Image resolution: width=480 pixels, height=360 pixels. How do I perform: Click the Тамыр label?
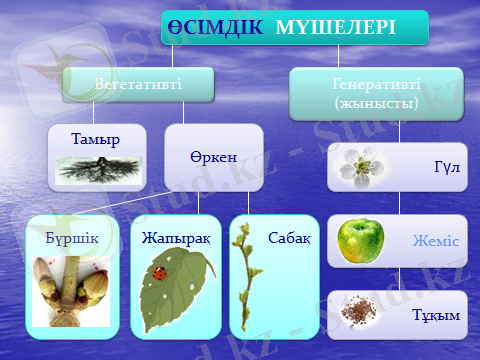point(96,139)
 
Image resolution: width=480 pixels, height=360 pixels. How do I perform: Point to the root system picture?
point(96,167)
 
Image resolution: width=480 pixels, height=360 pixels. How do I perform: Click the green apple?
point(359,240)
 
